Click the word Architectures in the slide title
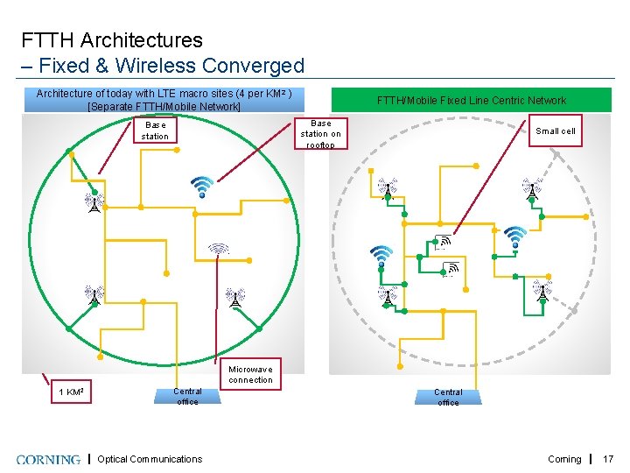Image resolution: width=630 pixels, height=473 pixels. (148, 40)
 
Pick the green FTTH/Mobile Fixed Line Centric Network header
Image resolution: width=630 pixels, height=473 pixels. (471, 100)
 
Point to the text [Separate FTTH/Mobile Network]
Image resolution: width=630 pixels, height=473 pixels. (164, 107)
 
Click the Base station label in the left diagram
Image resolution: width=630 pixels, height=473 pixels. (155, 131)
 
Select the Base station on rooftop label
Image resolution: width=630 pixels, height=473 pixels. (321, 134)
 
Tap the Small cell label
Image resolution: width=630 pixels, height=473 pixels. (556, 131)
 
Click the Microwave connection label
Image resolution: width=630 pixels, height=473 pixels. (251, 374)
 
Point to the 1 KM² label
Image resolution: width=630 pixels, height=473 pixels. (71, 391)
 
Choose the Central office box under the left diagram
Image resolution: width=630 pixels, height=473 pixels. (187, 396)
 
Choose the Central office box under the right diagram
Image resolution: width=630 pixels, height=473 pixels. (448, 396)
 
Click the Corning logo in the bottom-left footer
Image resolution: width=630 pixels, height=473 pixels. (47, 459)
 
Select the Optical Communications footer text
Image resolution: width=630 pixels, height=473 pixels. (150, 459)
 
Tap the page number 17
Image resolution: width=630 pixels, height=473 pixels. (609, 459)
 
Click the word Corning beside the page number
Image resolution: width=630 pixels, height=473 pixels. (564, 459)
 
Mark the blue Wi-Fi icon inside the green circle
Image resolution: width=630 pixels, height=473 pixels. (202, 186)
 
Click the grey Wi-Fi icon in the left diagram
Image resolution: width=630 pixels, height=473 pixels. (218, 249)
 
